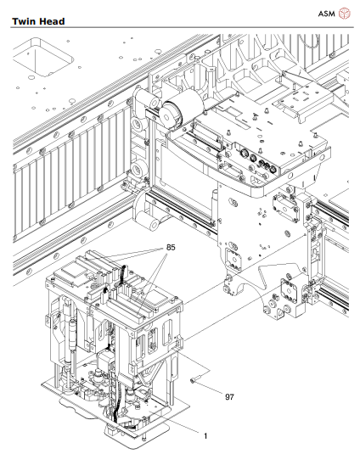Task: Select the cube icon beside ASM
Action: pos(345,14)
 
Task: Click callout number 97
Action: pos(229,396)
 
